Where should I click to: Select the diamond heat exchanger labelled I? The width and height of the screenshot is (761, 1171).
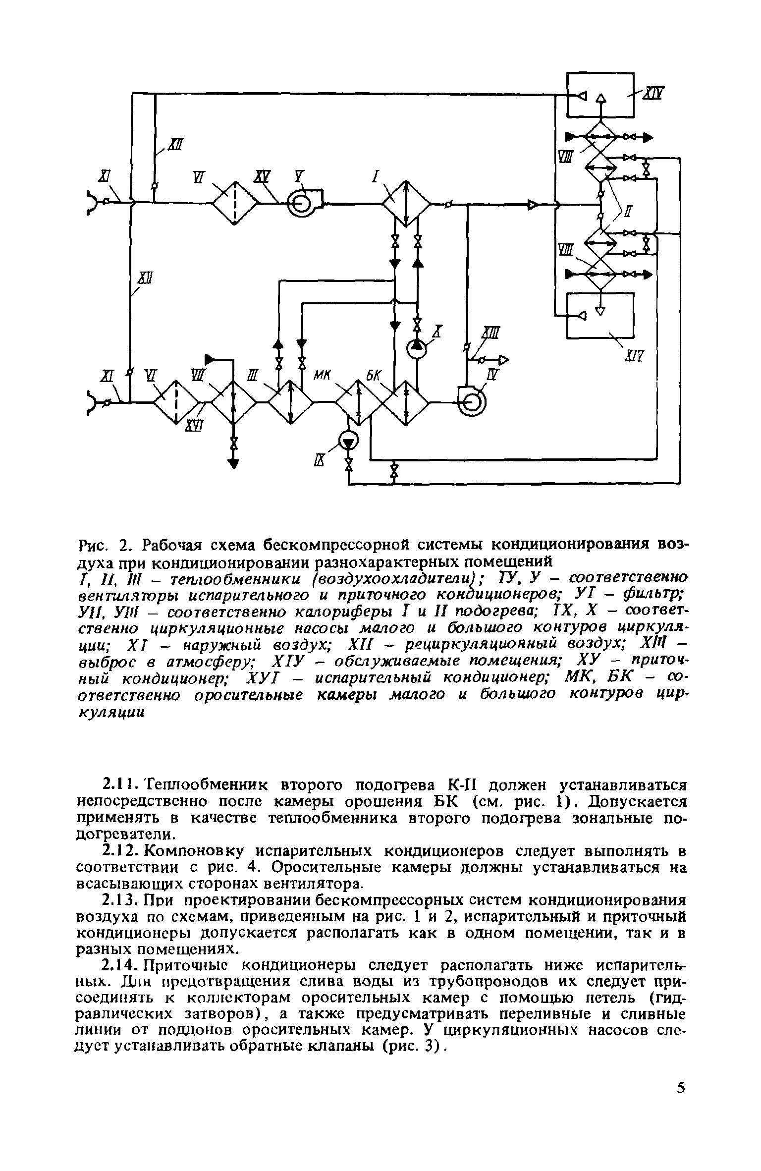coord(406,203)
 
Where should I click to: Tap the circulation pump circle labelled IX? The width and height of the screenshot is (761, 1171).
coord(349,441)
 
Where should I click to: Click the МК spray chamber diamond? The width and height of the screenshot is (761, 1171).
coord(359,402)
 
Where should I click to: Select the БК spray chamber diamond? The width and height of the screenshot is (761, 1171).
coord(405,402)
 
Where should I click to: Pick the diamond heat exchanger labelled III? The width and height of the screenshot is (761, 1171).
coord(290,402)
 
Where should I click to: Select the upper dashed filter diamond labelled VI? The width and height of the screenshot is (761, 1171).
coord(235,203)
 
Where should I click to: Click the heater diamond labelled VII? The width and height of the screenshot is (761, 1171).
coord(233,402)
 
